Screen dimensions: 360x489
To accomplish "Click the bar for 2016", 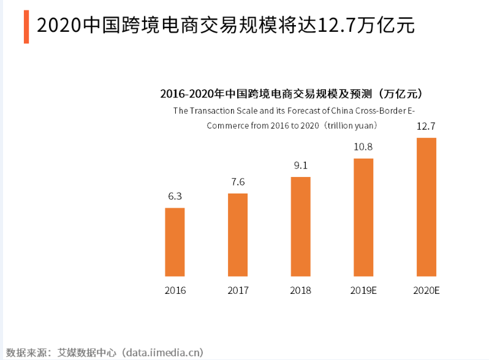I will [x=175, y=242].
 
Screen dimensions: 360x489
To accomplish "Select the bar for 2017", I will [x=238, y=234].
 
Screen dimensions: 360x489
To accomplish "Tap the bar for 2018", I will [x=300, y=227].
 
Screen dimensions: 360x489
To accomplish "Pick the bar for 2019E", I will [x=363, y=217].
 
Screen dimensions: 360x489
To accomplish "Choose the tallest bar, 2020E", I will [x=426, y=207].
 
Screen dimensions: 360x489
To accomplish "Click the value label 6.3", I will [x=175, y=197].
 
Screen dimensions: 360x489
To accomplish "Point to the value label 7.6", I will [x=238, y=182].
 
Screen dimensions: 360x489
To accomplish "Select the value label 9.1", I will [x=300, y=165].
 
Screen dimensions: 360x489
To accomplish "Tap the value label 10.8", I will [x=363, y=147].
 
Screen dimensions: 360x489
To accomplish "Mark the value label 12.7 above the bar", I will [x=426, y=127].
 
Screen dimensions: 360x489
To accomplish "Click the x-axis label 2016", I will [x=175, y=290].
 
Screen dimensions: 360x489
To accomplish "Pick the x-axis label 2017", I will [x=238, y=290].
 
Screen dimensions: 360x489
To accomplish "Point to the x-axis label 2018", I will [x=300, y=290].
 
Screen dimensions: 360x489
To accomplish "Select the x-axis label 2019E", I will [x=363, y=290].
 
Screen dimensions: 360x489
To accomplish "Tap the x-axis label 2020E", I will [x=426, y=290].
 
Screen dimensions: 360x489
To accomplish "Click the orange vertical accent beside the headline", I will [x=26, y=26].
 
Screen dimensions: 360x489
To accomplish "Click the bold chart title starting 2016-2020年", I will [x=291, y=94].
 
